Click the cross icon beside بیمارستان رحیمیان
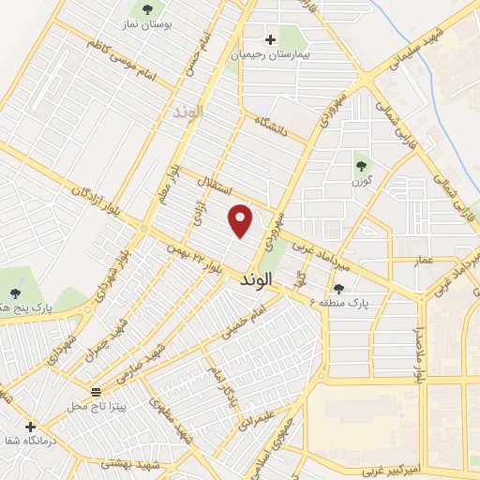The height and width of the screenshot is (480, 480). [x=271, y=39]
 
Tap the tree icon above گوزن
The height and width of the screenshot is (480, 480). [x=361, y=166]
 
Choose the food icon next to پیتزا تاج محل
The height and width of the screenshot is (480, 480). [x=95, y=391]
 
